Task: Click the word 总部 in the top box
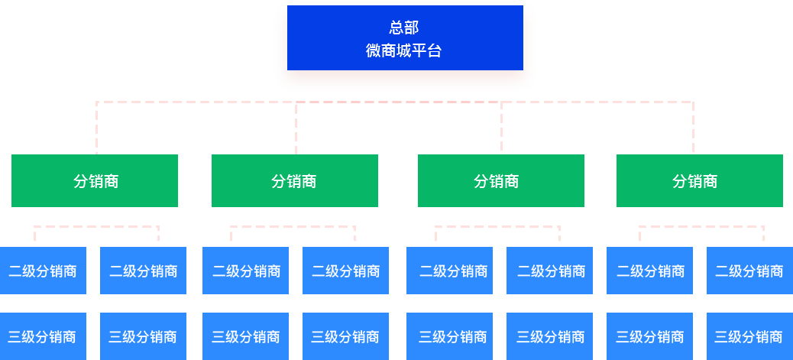tap(403, 28)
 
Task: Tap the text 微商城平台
tap(403, 51)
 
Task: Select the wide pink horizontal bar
tap(394, 126)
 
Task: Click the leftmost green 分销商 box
tap(95, 180)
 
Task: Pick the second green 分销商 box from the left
tap(294, 180)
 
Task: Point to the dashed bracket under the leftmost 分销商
tap(95, 227)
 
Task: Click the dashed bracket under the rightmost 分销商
tap(701, 227)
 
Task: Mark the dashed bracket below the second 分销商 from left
tap(293, 227)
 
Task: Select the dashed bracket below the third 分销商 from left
tap(497, 227)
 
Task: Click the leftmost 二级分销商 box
tap(43, 271)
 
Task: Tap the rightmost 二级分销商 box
tap(749, 271)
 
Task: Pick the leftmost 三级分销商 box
tap(43, 336)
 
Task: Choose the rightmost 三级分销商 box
tap(749, 336)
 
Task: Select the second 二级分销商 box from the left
tap(143, 271)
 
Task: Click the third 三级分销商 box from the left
tap(245, 336)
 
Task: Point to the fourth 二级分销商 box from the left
tap(345, 271)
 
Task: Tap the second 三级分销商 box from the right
tap(649, 336)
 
